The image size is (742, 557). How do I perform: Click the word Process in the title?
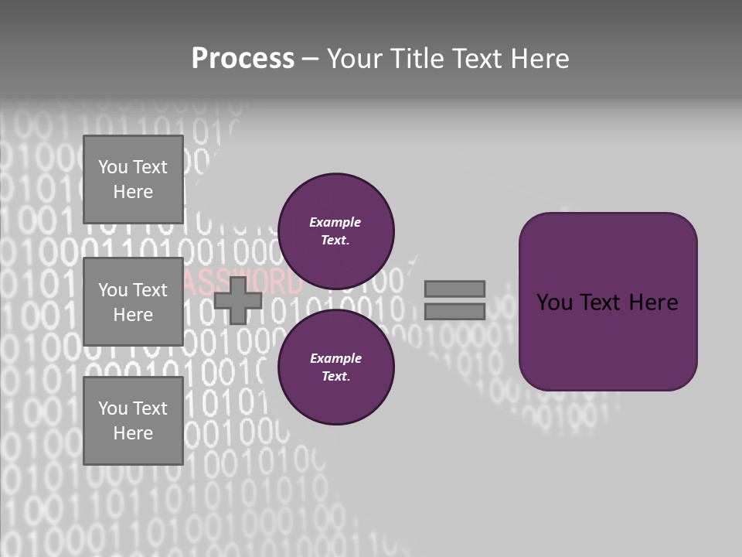tap(243, 59)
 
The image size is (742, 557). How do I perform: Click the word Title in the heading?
tap(417, 59)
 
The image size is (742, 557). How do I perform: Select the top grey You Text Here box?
tap(133, 179)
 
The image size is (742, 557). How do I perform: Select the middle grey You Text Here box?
tap(133, 302)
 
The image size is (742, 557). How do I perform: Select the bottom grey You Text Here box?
tap(133, 421)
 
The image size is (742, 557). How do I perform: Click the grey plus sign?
tap(238, 300)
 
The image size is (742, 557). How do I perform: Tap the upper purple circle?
tap(335, 231)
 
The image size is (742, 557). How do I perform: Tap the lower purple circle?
tap(335, 367)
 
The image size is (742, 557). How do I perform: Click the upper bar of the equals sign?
tap(454, 289)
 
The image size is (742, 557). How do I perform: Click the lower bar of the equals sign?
tap(454, 312)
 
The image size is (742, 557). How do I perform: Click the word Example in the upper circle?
tap(335, 222)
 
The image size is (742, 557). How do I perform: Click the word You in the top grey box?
tap(113, 167)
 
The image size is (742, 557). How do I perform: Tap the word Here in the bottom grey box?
tap(133, 433)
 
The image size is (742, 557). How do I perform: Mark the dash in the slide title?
tap(310, 59)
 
